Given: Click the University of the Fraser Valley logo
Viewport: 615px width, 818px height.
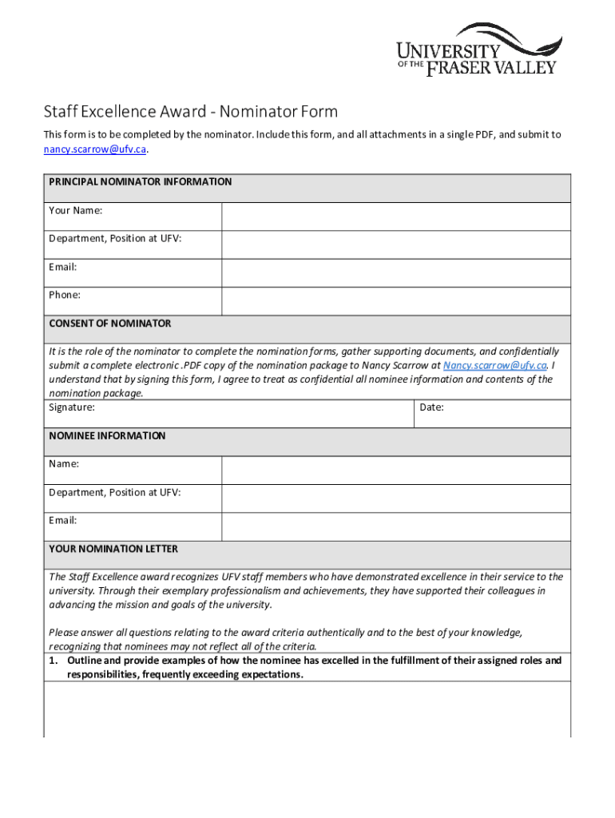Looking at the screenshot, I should point(478,50).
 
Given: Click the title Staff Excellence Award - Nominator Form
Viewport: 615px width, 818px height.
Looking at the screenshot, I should point(190,111).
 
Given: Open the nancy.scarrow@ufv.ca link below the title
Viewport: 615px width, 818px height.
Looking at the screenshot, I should point(95,149).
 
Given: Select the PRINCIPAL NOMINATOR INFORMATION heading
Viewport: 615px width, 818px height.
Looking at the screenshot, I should point(141,182).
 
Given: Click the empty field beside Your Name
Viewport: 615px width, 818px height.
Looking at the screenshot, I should point(395,216).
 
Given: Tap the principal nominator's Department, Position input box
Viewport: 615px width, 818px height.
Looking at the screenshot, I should point(395,244).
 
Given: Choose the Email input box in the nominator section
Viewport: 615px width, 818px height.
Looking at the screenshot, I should point(395,272).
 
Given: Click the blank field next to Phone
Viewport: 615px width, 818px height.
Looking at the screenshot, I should point(395,301).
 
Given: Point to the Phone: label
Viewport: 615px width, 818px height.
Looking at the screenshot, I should point(65,295).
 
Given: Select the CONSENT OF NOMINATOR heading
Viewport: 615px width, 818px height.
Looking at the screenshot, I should point(110,324).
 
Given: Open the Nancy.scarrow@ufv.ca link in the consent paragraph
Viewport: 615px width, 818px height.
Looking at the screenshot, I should point(495,365).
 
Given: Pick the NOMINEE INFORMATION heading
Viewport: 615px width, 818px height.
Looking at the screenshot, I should point(108,436).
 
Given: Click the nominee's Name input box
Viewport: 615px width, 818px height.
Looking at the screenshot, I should point(395,471).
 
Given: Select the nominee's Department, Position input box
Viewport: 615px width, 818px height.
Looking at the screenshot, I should point(395,498).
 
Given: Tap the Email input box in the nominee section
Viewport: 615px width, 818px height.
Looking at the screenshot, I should point(395,526).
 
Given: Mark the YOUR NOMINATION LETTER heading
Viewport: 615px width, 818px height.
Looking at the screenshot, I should point(113,550).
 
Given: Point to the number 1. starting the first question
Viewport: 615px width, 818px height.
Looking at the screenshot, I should point(54,661).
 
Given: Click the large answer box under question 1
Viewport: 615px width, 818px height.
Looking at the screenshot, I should point(307,709).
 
